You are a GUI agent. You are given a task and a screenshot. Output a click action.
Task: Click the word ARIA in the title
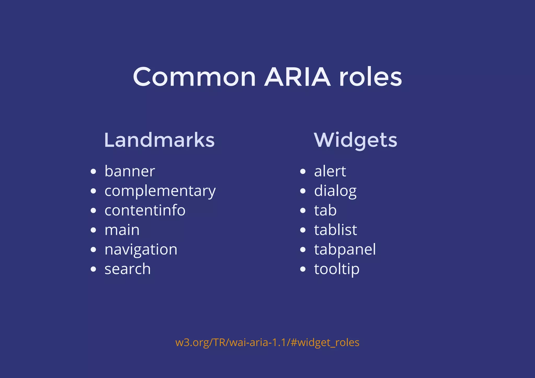[298, 77]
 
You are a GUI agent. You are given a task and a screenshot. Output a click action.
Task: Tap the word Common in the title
[194, 77]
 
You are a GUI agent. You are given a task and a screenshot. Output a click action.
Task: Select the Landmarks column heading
[159, 140]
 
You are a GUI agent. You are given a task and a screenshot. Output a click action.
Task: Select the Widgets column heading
[356, 141]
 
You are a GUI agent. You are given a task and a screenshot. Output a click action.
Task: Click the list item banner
[130, 171]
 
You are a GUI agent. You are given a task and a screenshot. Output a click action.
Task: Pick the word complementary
[160, 191]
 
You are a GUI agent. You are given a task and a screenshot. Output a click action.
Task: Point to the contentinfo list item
[145, 211]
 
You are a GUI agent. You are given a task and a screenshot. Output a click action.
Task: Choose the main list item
[122, 230]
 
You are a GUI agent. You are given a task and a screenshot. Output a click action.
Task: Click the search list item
[128, 269]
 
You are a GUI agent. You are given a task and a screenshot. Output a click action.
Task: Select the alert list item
[330, 171]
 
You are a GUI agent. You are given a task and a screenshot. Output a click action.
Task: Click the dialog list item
[335, 191]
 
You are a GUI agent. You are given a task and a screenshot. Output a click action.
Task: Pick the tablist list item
[336, 230]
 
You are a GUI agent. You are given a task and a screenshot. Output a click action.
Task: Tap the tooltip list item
[337, 269]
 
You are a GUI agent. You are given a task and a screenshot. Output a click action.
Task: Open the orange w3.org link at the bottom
[267, 343]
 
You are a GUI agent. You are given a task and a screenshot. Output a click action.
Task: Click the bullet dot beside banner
[93, 171]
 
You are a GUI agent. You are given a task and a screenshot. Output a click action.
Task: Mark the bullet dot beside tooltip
[303, 269]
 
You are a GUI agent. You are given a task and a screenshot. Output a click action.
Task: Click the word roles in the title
[370, 77]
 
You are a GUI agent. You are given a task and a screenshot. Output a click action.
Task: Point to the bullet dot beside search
[93, 269]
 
